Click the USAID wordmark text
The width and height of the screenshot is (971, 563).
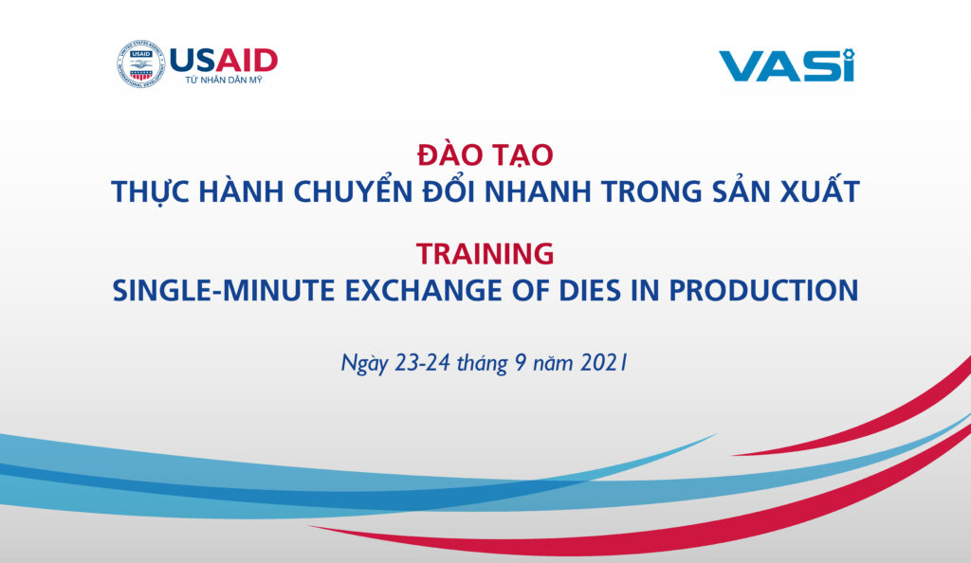click(x=224, y=61)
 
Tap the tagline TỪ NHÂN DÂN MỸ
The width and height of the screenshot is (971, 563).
click(x=224, y=81)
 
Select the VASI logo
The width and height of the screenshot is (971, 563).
click(x=787, y=64)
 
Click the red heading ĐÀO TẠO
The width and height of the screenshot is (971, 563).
click(x=485, y=154)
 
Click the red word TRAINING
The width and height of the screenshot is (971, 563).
click(x=485, y=254)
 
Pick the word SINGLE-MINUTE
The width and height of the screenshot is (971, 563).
click(x=224, y=290)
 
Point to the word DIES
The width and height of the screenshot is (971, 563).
click(x=590, y=290)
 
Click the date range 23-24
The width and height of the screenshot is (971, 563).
click(x=422, y=363)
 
